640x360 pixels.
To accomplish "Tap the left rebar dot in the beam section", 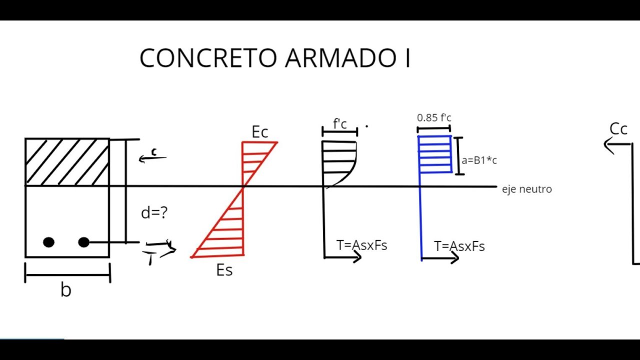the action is (x=48, y=242).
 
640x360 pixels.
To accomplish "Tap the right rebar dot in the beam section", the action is (x=83, y=242).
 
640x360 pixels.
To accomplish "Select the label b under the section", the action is (x=65, y=290).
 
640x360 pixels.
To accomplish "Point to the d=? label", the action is (x=154, y=213).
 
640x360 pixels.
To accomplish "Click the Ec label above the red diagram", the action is (x=260, y=132).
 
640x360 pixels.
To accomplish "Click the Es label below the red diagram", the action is (x=224, y=270).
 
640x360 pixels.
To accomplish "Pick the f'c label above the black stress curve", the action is (x=340, y=124).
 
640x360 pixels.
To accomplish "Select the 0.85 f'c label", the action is (x=434, y=118).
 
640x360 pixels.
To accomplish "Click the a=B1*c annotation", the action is (x=479, y=160).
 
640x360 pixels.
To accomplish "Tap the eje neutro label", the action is (x=526, y=189).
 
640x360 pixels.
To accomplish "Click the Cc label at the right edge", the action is (x=618, y=129).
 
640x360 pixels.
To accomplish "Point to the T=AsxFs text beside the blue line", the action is (x=459, y=246).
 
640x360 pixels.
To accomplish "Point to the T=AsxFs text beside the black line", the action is (x=361, y=245).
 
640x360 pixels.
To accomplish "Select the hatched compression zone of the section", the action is (x=67, y=161).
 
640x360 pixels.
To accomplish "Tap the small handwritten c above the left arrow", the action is (x=154, y=152).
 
